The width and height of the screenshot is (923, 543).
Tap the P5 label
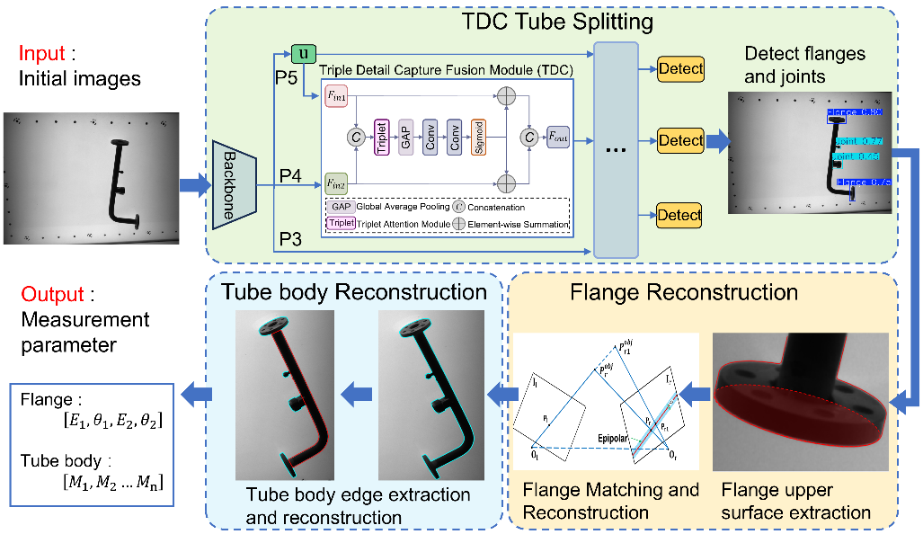[x=287, y=78]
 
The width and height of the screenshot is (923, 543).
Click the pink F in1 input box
[x=334, y=96]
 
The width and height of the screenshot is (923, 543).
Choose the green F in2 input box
[x=334, y=183]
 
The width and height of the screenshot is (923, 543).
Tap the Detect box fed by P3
[x=680, y=216]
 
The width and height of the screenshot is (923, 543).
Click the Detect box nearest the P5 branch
[x=680, y=68]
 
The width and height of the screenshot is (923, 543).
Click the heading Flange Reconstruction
[x=684, y=293]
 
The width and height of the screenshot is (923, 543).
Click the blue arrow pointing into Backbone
[x=192, y=185]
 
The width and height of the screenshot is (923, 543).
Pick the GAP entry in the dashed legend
[x=342, y=206]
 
